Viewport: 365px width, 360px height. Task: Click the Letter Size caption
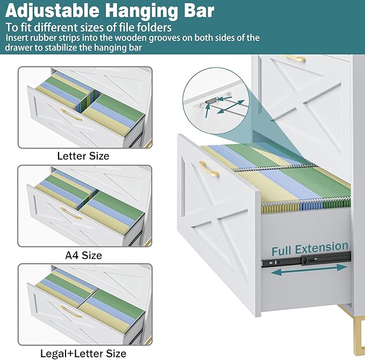coord(83,156)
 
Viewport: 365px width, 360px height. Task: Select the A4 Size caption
coord(83,255)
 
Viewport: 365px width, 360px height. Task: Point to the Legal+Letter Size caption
coord(83,353)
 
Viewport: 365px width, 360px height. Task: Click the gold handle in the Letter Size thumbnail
coord(71,114)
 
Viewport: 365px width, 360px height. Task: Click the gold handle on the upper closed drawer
coord(295,58)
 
